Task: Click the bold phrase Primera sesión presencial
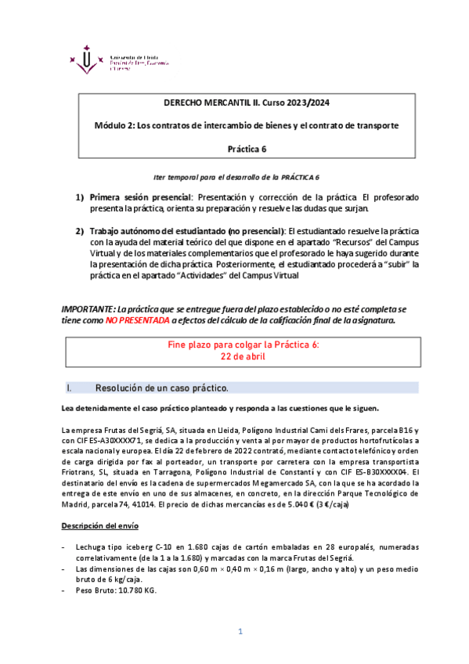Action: [139, 197]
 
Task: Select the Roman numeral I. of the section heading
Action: [70, 388]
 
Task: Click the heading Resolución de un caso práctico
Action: [161, 388]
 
